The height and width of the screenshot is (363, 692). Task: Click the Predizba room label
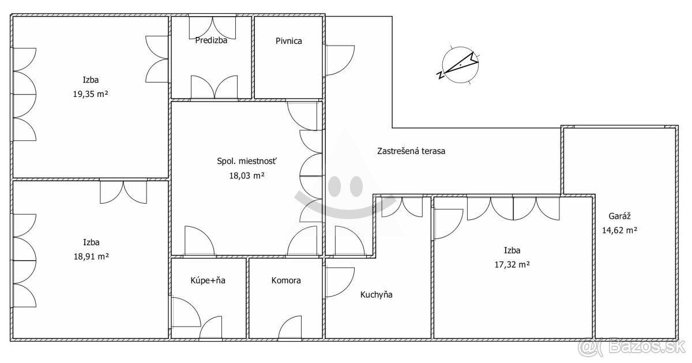point(211,40)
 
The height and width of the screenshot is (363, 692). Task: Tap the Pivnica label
point(289,41)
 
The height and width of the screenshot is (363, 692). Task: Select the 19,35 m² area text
point(91,94)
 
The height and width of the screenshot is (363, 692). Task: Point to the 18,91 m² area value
point(91,257)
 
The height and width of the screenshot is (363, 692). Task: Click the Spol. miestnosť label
point(247,161)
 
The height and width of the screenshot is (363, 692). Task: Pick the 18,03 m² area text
point(247,175)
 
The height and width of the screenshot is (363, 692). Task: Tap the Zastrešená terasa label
point(411,151)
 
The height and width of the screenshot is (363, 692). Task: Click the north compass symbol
point(460,65)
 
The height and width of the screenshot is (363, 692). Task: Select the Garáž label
point(620,216)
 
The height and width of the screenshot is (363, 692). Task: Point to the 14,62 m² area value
point(620,230)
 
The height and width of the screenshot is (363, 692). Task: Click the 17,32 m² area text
point(513,265)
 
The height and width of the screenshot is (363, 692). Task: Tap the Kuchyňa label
point(376,295)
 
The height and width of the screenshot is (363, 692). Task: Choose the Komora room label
point(286,280)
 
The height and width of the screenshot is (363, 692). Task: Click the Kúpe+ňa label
point(208,280)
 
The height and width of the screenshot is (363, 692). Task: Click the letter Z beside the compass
point(440,76)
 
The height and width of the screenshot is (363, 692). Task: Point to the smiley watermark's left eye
point(334,186)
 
